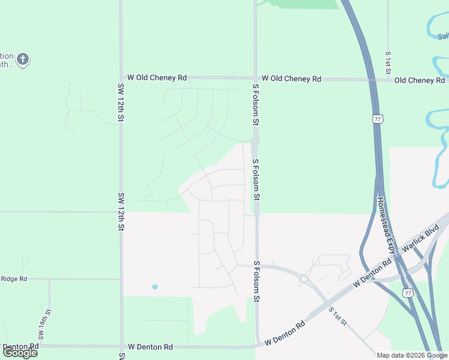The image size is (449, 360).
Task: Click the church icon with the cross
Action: (x=23, y=59)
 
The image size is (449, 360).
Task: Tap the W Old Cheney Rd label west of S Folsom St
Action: (x=157, y=78)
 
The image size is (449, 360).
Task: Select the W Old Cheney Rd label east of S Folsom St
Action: (x=291, y=79)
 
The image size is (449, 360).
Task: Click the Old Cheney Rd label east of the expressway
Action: (x=419, y=80)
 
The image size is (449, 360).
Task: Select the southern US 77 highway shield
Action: (x=408, y=293)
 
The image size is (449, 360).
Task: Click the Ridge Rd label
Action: (x=14, y=279)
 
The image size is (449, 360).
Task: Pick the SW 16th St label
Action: (x=42, y=325)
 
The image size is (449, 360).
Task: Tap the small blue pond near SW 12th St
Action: (x=155, y=287)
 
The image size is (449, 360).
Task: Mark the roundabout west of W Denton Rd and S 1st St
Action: (x=304, y=278)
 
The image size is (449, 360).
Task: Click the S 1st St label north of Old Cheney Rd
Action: (x=389, y=62)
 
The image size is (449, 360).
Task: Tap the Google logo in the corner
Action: (x=20, y=353)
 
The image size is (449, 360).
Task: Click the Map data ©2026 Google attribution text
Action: (x=412, y=355)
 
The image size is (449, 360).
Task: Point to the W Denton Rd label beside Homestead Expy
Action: (x=372, y=273)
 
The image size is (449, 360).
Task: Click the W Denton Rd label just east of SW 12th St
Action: (x=150, y=347)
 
